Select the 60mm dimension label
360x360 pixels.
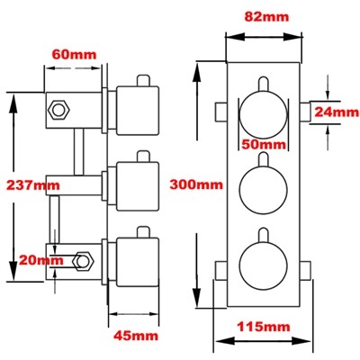click(x=75, y=53)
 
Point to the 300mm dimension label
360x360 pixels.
click(x=195, y=185)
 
